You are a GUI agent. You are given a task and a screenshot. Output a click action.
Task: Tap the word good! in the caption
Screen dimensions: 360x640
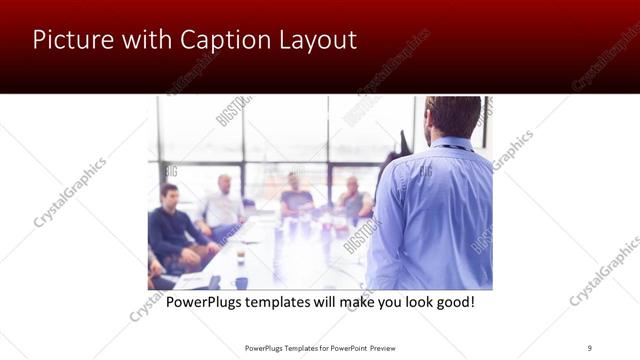(451, 301)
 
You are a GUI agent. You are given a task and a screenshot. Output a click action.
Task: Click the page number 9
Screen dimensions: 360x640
(589, 348)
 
